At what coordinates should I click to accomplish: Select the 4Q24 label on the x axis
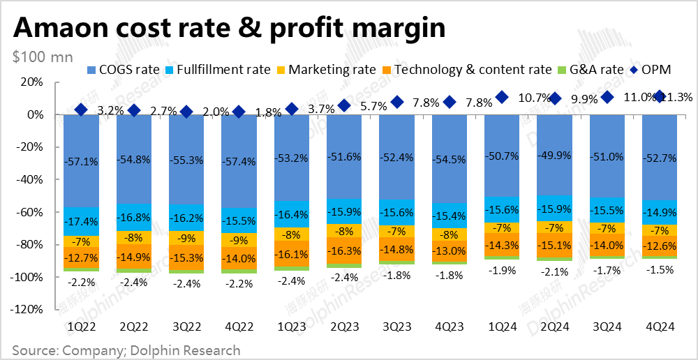tap(660, 327)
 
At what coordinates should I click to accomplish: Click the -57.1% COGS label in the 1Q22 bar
tap(81, 162)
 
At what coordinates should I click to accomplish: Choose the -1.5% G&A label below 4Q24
tap(660, 270)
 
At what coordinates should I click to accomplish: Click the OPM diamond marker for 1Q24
tap(502, 97)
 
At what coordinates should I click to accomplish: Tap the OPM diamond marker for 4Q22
tap(239, 112)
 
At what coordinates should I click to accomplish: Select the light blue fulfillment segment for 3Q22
tap(186, 218)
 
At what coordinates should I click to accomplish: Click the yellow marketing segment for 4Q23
tap(450, 234)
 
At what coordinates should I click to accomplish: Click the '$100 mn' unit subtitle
tap(41, 57)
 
